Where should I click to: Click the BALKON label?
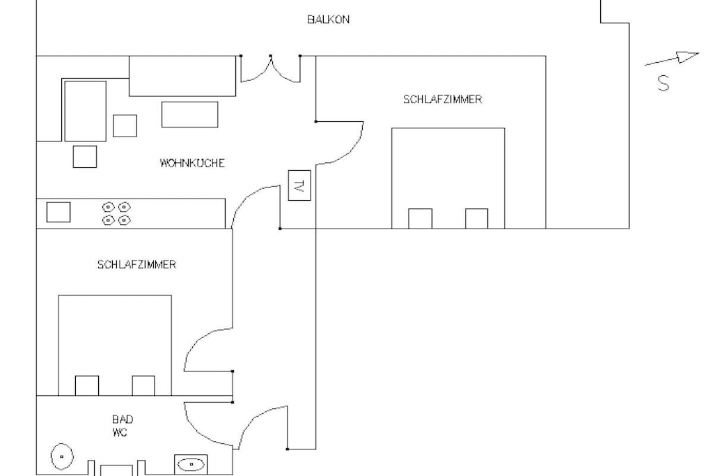[329, 20]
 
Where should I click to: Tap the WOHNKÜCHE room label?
[192, 163]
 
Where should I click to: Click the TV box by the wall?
[299, 185]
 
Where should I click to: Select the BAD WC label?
[122, 426]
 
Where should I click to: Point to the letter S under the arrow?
[664, 83]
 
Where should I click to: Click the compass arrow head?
[688, 56]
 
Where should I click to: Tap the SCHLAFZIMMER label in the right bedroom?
[442, 99]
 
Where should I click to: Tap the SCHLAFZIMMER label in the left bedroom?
[136, 264]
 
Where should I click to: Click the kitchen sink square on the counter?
[58, 212]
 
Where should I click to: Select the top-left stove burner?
[108, 207]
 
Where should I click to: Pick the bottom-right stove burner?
[124, 220]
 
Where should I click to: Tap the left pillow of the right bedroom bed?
[420, 218]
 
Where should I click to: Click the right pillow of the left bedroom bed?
[143, 385]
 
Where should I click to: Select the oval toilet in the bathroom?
[62, 456]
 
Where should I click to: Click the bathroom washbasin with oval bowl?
[191, 465]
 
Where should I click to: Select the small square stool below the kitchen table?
[84, 157]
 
